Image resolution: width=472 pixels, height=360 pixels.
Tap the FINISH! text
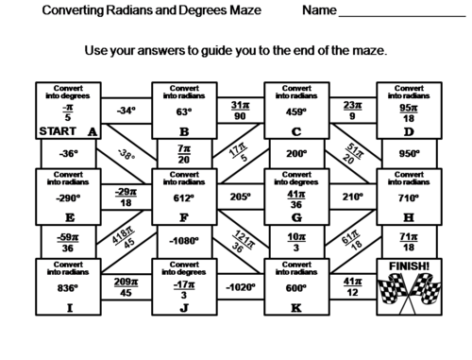(x=408, y=267)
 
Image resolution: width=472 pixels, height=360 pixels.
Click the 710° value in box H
(x=408, y=199)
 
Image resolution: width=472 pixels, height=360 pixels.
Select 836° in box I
(x=66, y=287)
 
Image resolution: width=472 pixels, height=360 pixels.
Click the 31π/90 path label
(x=238, y=110)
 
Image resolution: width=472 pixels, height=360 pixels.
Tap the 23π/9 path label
(x=352, y=110)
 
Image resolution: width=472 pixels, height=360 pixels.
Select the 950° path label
(x=408, y=152)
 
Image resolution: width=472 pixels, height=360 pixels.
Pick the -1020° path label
(x=238, y=287)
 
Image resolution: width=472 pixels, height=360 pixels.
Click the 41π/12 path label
(x=352, y=286)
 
